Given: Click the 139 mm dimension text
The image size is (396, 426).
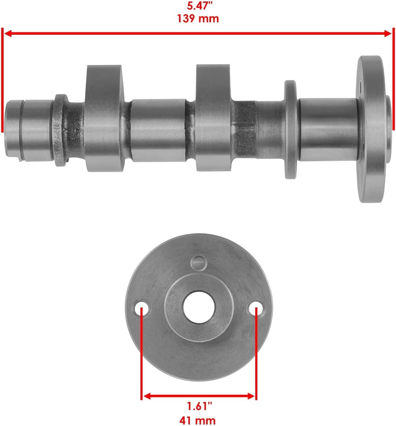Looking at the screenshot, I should [198, 19].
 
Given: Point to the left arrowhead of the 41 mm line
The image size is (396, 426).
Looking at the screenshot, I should [146, 396].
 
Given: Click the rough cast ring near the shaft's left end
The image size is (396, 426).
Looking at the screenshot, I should [60, 130].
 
